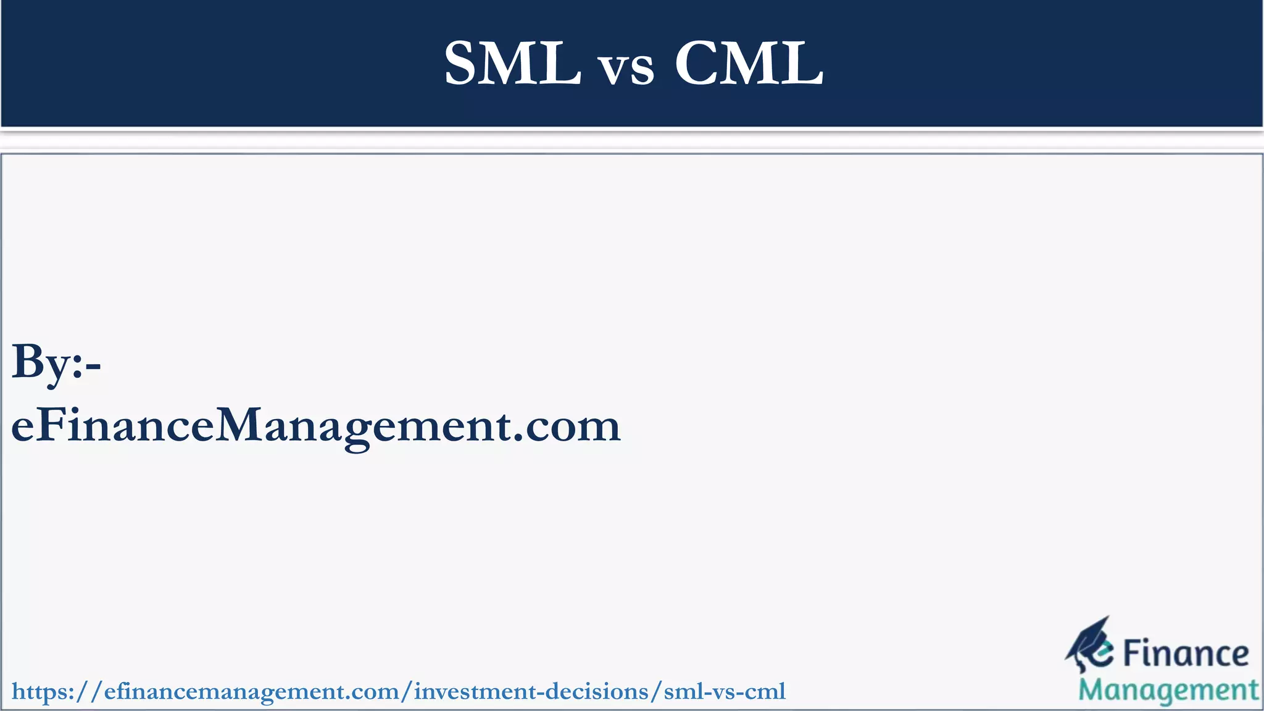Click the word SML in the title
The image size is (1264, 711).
(x=512, y=64)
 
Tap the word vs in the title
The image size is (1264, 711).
(x=627, y=68)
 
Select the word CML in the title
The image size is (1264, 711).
(x=749, y=64)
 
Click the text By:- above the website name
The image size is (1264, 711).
(x=56, y=363)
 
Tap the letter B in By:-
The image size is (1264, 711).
(x=28, y=361)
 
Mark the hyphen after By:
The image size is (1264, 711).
(x=94, y=368)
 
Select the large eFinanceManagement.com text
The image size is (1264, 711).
(x=315, y=426)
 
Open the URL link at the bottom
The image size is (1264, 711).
(x=399, y=692)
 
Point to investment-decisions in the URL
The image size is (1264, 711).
(x=531, y=692)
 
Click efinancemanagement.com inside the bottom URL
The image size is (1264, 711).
(x=252, y=692)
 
